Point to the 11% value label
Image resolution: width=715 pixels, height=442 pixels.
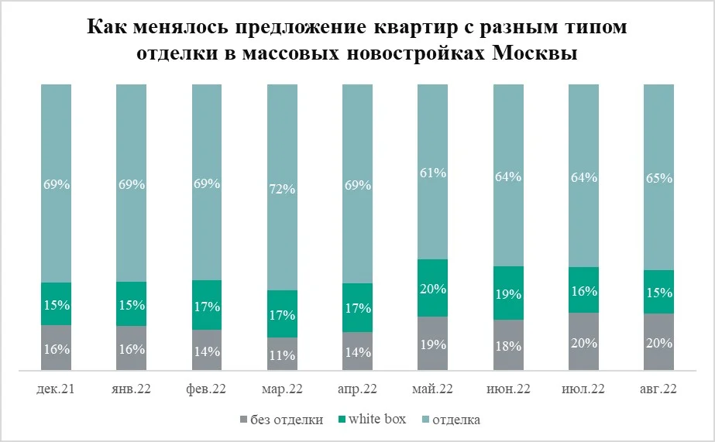282,356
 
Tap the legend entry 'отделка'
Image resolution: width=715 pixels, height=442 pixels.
455,420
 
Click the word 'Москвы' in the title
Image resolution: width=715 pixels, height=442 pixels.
535,56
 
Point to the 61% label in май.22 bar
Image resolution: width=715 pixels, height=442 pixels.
432,173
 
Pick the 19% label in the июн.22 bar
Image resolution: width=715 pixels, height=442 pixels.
508,294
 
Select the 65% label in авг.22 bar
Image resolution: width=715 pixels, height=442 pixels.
658,178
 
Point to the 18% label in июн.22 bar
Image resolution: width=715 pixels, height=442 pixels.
508,345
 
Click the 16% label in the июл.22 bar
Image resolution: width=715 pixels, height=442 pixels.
583,291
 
